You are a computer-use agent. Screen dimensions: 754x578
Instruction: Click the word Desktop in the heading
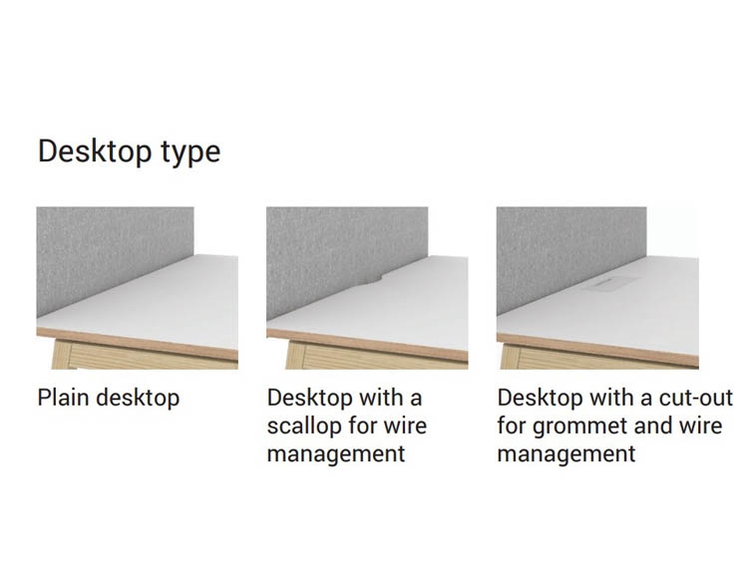pos(95,150)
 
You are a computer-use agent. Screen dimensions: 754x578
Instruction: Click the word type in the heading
pos(190,153)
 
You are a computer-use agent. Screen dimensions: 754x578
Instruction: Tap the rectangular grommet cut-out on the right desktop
pos(609,284)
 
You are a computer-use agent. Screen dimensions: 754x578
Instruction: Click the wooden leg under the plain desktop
pos(61,355)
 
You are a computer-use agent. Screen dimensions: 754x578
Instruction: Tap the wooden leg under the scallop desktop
pos(295,355)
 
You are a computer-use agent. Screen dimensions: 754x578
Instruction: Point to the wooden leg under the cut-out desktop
pos(510,357)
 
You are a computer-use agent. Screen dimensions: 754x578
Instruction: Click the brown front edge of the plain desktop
pos(137,344)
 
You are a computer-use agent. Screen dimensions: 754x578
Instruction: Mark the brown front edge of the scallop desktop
pos(367,345)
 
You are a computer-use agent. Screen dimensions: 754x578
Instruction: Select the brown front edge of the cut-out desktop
pos(597,350)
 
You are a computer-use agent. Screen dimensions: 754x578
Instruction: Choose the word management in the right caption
pos(566,454)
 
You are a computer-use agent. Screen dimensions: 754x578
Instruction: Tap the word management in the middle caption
pos(336,454)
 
